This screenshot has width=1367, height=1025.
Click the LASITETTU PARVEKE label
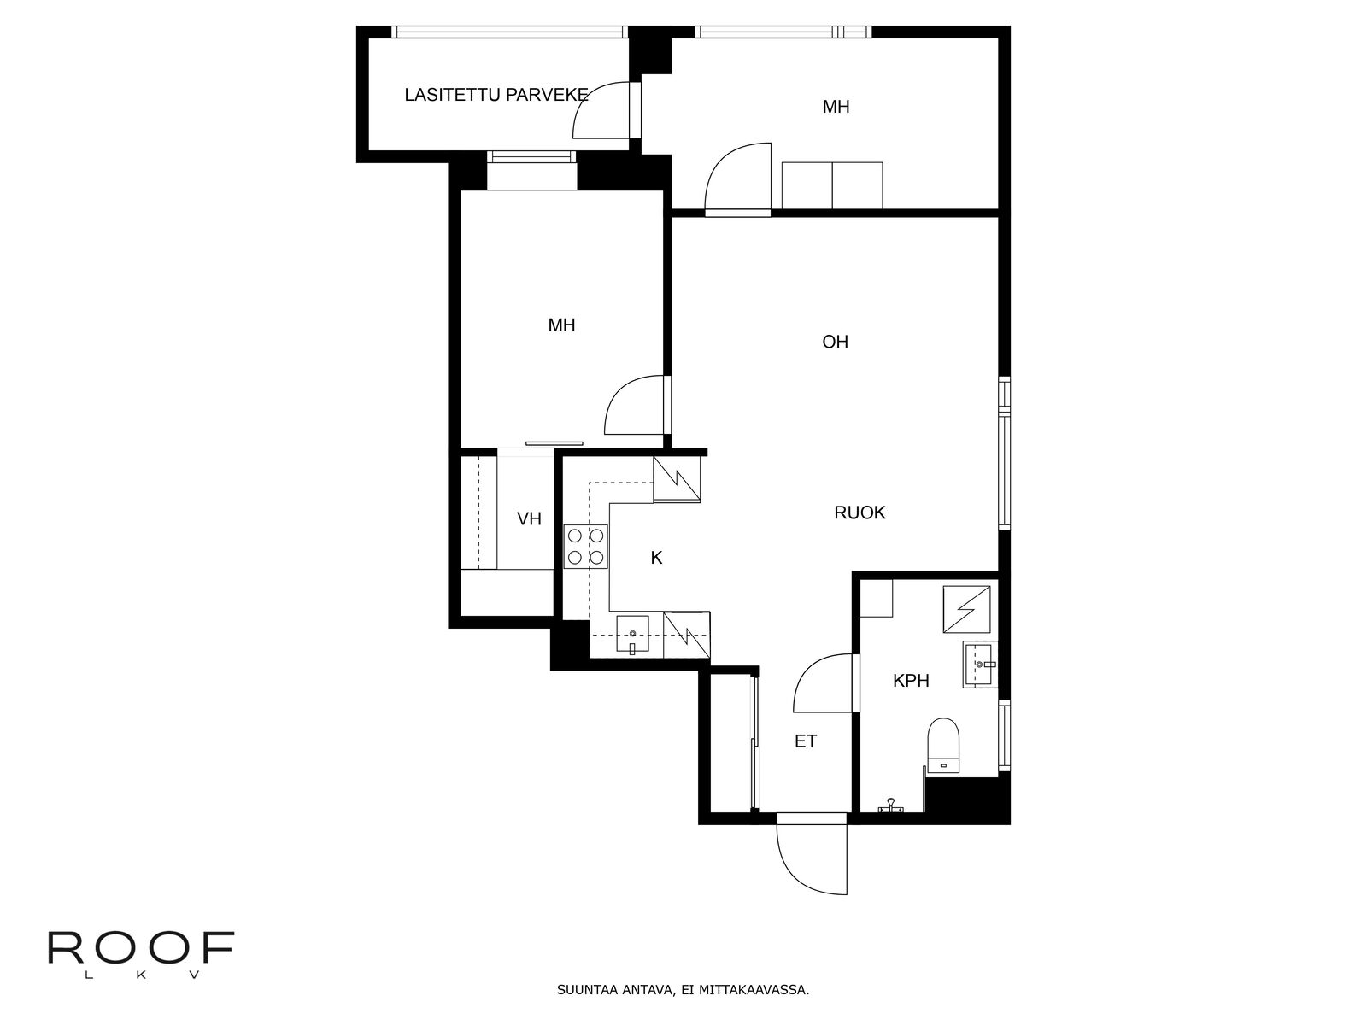point(496,95)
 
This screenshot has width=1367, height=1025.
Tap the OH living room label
point(835,342)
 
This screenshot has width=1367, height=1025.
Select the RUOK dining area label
point(860,512)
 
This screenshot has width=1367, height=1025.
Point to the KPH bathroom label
point(911,680)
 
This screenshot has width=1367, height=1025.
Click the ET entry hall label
point(806,741)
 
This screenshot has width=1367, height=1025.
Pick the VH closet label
point(529,518)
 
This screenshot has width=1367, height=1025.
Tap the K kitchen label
point(656,558)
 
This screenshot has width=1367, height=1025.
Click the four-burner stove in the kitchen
point(586,547)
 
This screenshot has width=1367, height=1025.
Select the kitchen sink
point(632,634)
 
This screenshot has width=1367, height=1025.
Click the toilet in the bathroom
point(943,747)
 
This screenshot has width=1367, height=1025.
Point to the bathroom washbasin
point(980,664)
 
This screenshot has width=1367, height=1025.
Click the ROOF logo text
point(141,948)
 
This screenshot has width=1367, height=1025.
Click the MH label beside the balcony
point(836,107)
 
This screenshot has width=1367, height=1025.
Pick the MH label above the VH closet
point(561,325)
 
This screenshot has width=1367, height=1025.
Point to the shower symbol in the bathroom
point(966,609)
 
